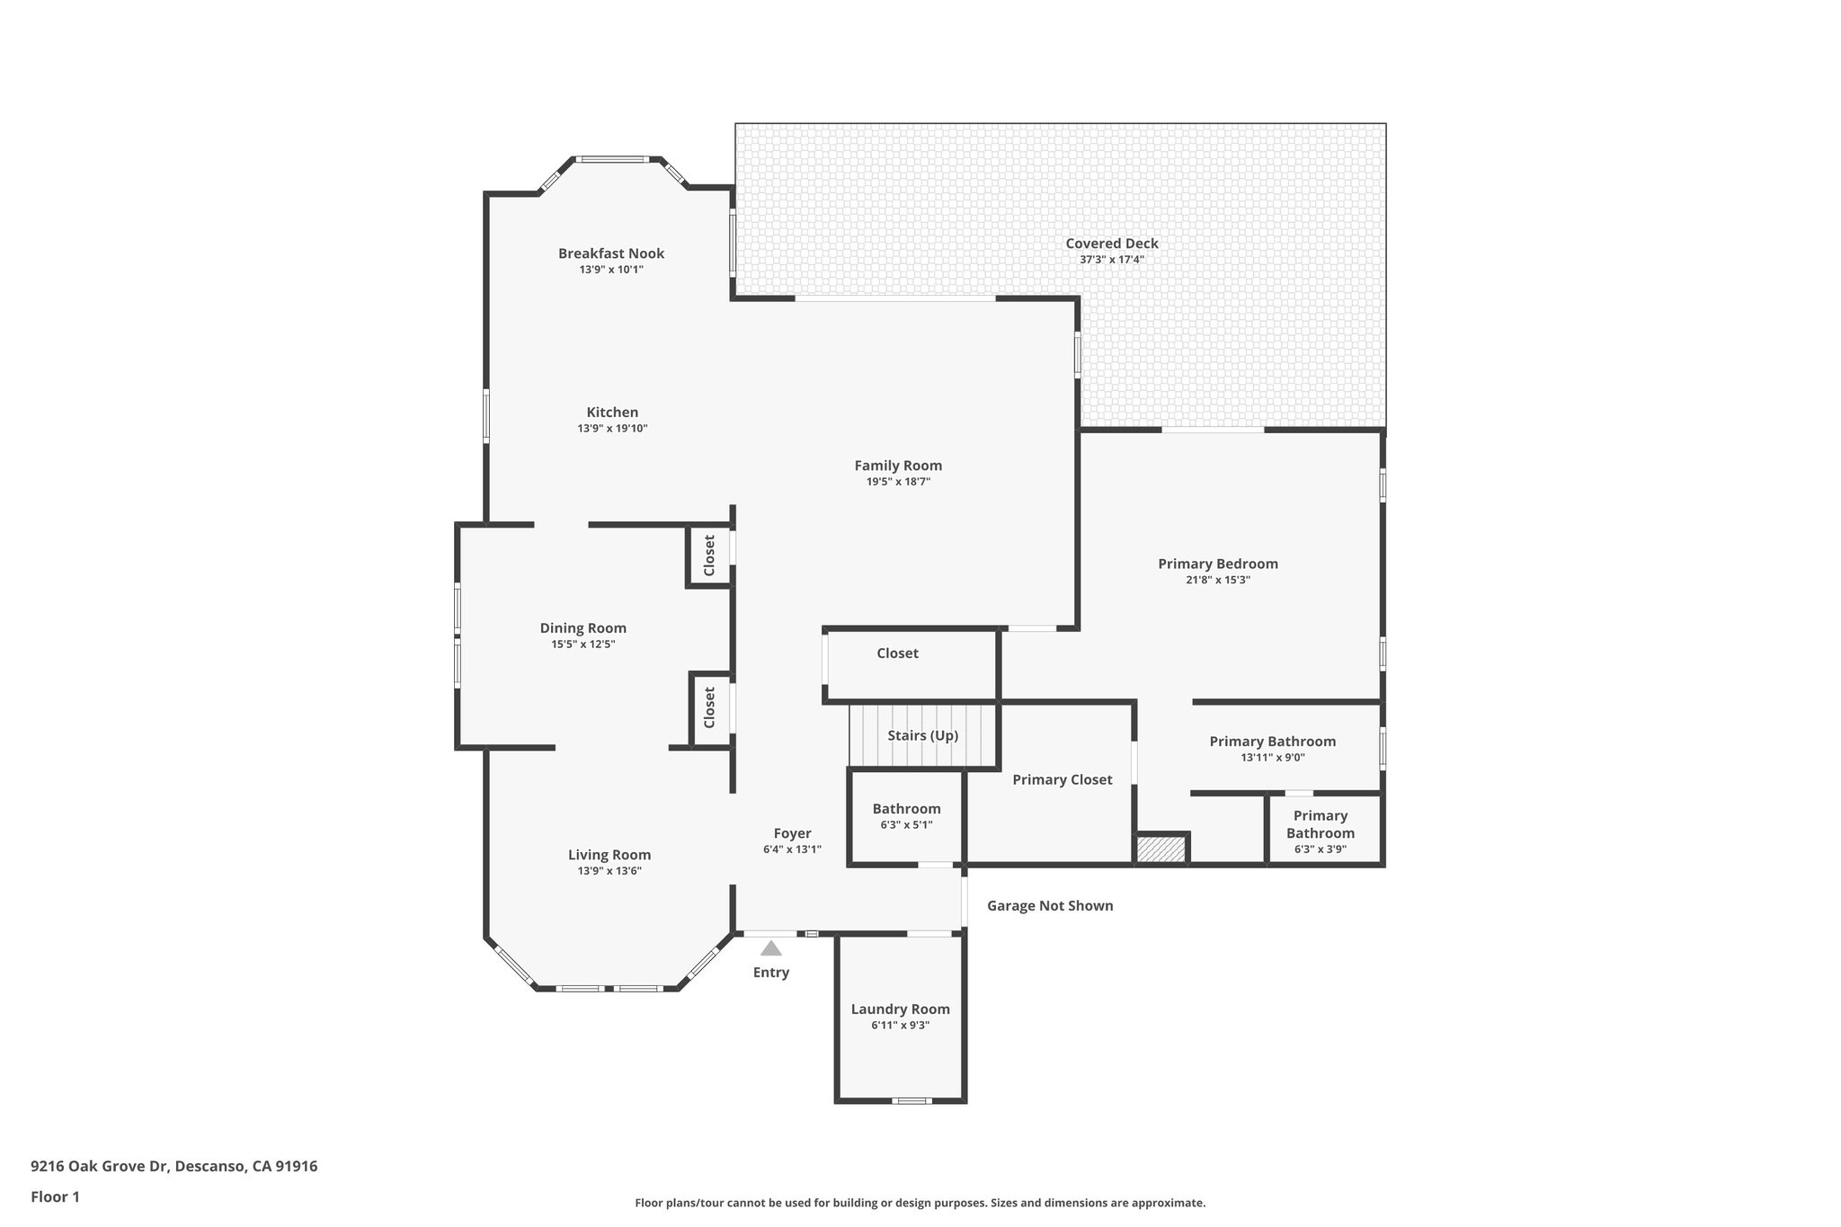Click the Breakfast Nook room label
tap(611, 253)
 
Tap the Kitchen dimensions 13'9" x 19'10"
tap(612, 429)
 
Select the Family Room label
tap(898, 466)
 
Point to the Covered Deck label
tap(1112, 244)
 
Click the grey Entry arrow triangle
tap(771, 948)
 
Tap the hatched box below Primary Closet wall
tap(1161, 849)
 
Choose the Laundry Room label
tap(900, 1009)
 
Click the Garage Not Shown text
tap(1050, 906)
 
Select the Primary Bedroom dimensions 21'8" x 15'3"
tap(1218, 581)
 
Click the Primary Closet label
tap(1063, 780)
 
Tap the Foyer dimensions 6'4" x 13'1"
tap(792, 849)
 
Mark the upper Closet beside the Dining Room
tap(709, 556)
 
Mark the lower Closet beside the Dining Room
tap(709, 708)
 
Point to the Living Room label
tap(609, 856)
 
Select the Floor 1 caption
tap(56, 1197)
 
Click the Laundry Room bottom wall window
tap(912, 1101)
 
